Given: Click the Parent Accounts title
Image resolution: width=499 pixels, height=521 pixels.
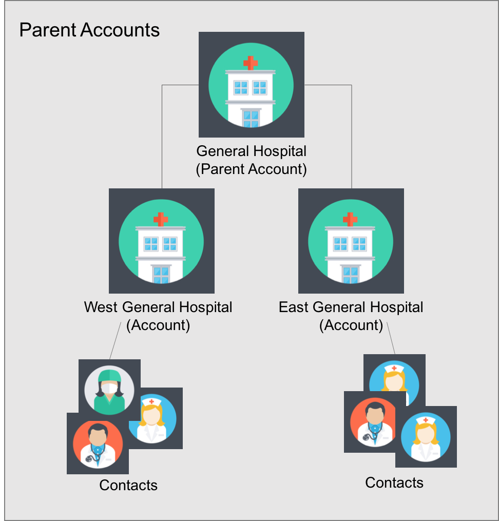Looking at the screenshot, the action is (x=89, y=30).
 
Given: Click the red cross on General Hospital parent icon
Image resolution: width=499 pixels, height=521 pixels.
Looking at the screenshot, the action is (x=251, y=63).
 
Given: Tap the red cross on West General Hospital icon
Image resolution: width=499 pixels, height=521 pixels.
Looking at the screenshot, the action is (x=161, y=219).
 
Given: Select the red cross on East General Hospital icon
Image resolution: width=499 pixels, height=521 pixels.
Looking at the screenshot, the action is (x=350, y=219).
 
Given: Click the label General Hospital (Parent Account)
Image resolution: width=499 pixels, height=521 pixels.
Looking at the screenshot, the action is (x=251, y=160).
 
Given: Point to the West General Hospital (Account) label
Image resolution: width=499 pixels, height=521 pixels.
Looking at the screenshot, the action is (x=158, y=316).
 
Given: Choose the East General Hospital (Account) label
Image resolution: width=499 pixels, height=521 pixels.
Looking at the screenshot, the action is (x=351, y=316).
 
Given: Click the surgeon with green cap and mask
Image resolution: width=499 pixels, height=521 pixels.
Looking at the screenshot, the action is (x=109, y=390).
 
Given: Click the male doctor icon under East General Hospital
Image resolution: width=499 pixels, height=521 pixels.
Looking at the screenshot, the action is (x=373, y=422).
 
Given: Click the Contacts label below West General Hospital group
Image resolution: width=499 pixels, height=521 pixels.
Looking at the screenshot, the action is (x=128, y=485).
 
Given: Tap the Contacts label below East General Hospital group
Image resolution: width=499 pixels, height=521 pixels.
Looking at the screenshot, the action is (x=394, y=483).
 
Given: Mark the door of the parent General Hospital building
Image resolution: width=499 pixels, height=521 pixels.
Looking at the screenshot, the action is (x=251, y=119).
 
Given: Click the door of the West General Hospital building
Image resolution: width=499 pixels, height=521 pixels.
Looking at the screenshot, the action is (x=161, y=275).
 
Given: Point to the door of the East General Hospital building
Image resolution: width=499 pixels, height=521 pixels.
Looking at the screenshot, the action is (x=351, y=275).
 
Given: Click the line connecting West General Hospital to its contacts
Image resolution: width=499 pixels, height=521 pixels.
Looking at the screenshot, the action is (x=116, y=341).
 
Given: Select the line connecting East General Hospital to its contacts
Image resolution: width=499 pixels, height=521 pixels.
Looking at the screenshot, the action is (x=391, y=338).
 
